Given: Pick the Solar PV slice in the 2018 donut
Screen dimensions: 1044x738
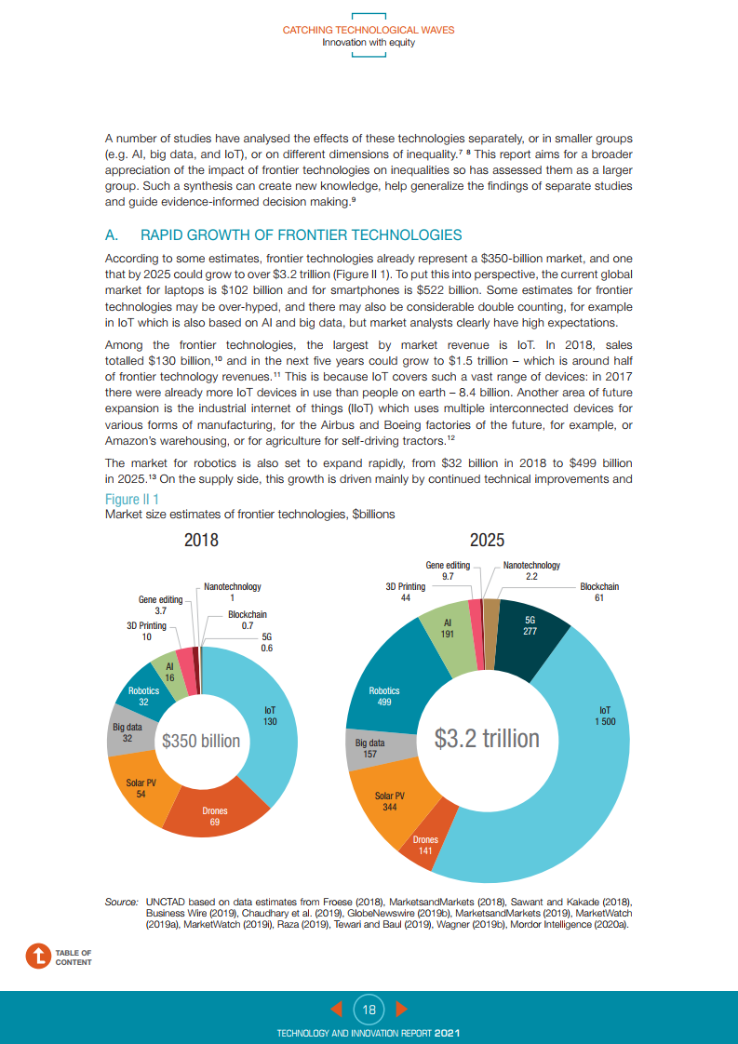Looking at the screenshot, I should click(x=141, y=787).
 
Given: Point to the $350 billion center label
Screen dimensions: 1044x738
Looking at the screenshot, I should click(x=201, y=741).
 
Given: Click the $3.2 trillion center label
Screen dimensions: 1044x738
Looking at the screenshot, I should click(x=487, y=738).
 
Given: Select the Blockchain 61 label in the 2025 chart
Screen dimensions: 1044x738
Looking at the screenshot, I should click(x=599, y=592).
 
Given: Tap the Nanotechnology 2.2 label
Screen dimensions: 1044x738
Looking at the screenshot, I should click(x=531, y=570).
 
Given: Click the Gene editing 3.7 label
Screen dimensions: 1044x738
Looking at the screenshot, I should click(x=160, y=606).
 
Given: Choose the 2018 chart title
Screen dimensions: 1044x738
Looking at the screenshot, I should click(x=202, y=540).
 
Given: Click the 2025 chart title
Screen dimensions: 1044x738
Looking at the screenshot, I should click(x=487, y=540).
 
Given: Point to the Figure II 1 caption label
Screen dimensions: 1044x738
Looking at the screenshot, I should click(x=131, y=500).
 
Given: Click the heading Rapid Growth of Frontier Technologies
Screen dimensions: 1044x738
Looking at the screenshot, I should click(x=300, y=234).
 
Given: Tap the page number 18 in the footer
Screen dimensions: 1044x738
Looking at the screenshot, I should click(x=369, y=1009).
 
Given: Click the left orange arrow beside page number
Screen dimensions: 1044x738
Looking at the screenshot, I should click(x=338, y=1009).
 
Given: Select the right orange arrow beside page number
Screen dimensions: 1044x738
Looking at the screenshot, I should click(x=401, y=1009).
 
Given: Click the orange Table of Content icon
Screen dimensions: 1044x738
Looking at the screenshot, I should click(x=37, y=957).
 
